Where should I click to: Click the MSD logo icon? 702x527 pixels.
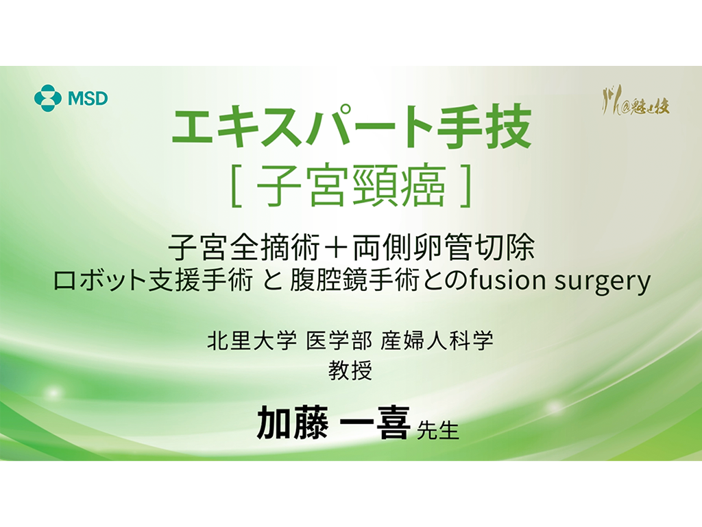point(48,98)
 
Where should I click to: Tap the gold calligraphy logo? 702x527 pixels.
point(635,104)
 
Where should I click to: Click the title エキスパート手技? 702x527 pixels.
point(352,128)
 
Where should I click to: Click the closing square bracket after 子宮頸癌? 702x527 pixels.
point(465,187)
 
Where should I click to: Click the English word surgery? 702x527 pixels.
point(607,283)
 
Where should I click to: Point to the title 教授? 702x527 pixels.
point(351,371)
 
